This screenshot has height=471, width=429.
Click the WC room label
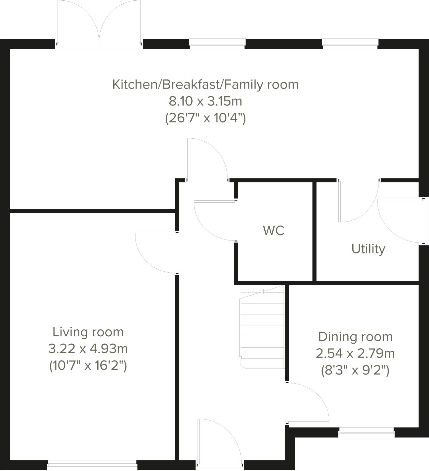pos(274,231)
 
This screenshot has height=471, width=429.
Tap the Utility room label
pos(368,248)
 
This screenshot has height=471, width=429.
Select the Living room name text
pos(88,332)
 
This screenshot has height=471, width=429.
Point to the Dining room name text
pos(355,337)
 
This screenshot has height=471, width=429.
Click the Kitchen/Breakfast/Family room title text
pos(206,84)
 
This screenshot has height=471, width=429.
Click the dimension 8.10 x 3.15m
pos(206,101)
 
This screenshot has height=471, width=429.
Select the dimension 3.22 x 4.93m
pos(88,349)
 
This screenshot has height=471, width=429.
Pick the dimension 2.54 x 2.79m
pos(355,354)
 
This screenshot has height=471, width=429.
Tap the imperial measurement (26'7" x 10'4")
pos(206,118)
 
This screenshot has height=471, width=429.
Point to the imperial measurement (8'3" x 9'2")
pos(355,370)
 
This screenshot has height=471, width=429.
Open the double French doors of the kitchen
pos(99,23)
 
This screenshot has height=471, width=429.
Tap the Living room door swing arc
pos(154,254)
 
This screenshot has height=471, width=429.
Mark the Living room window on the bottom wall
pos(92,465)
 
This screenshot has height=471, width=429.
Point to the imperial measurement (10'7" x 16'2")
pos(88,366)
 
